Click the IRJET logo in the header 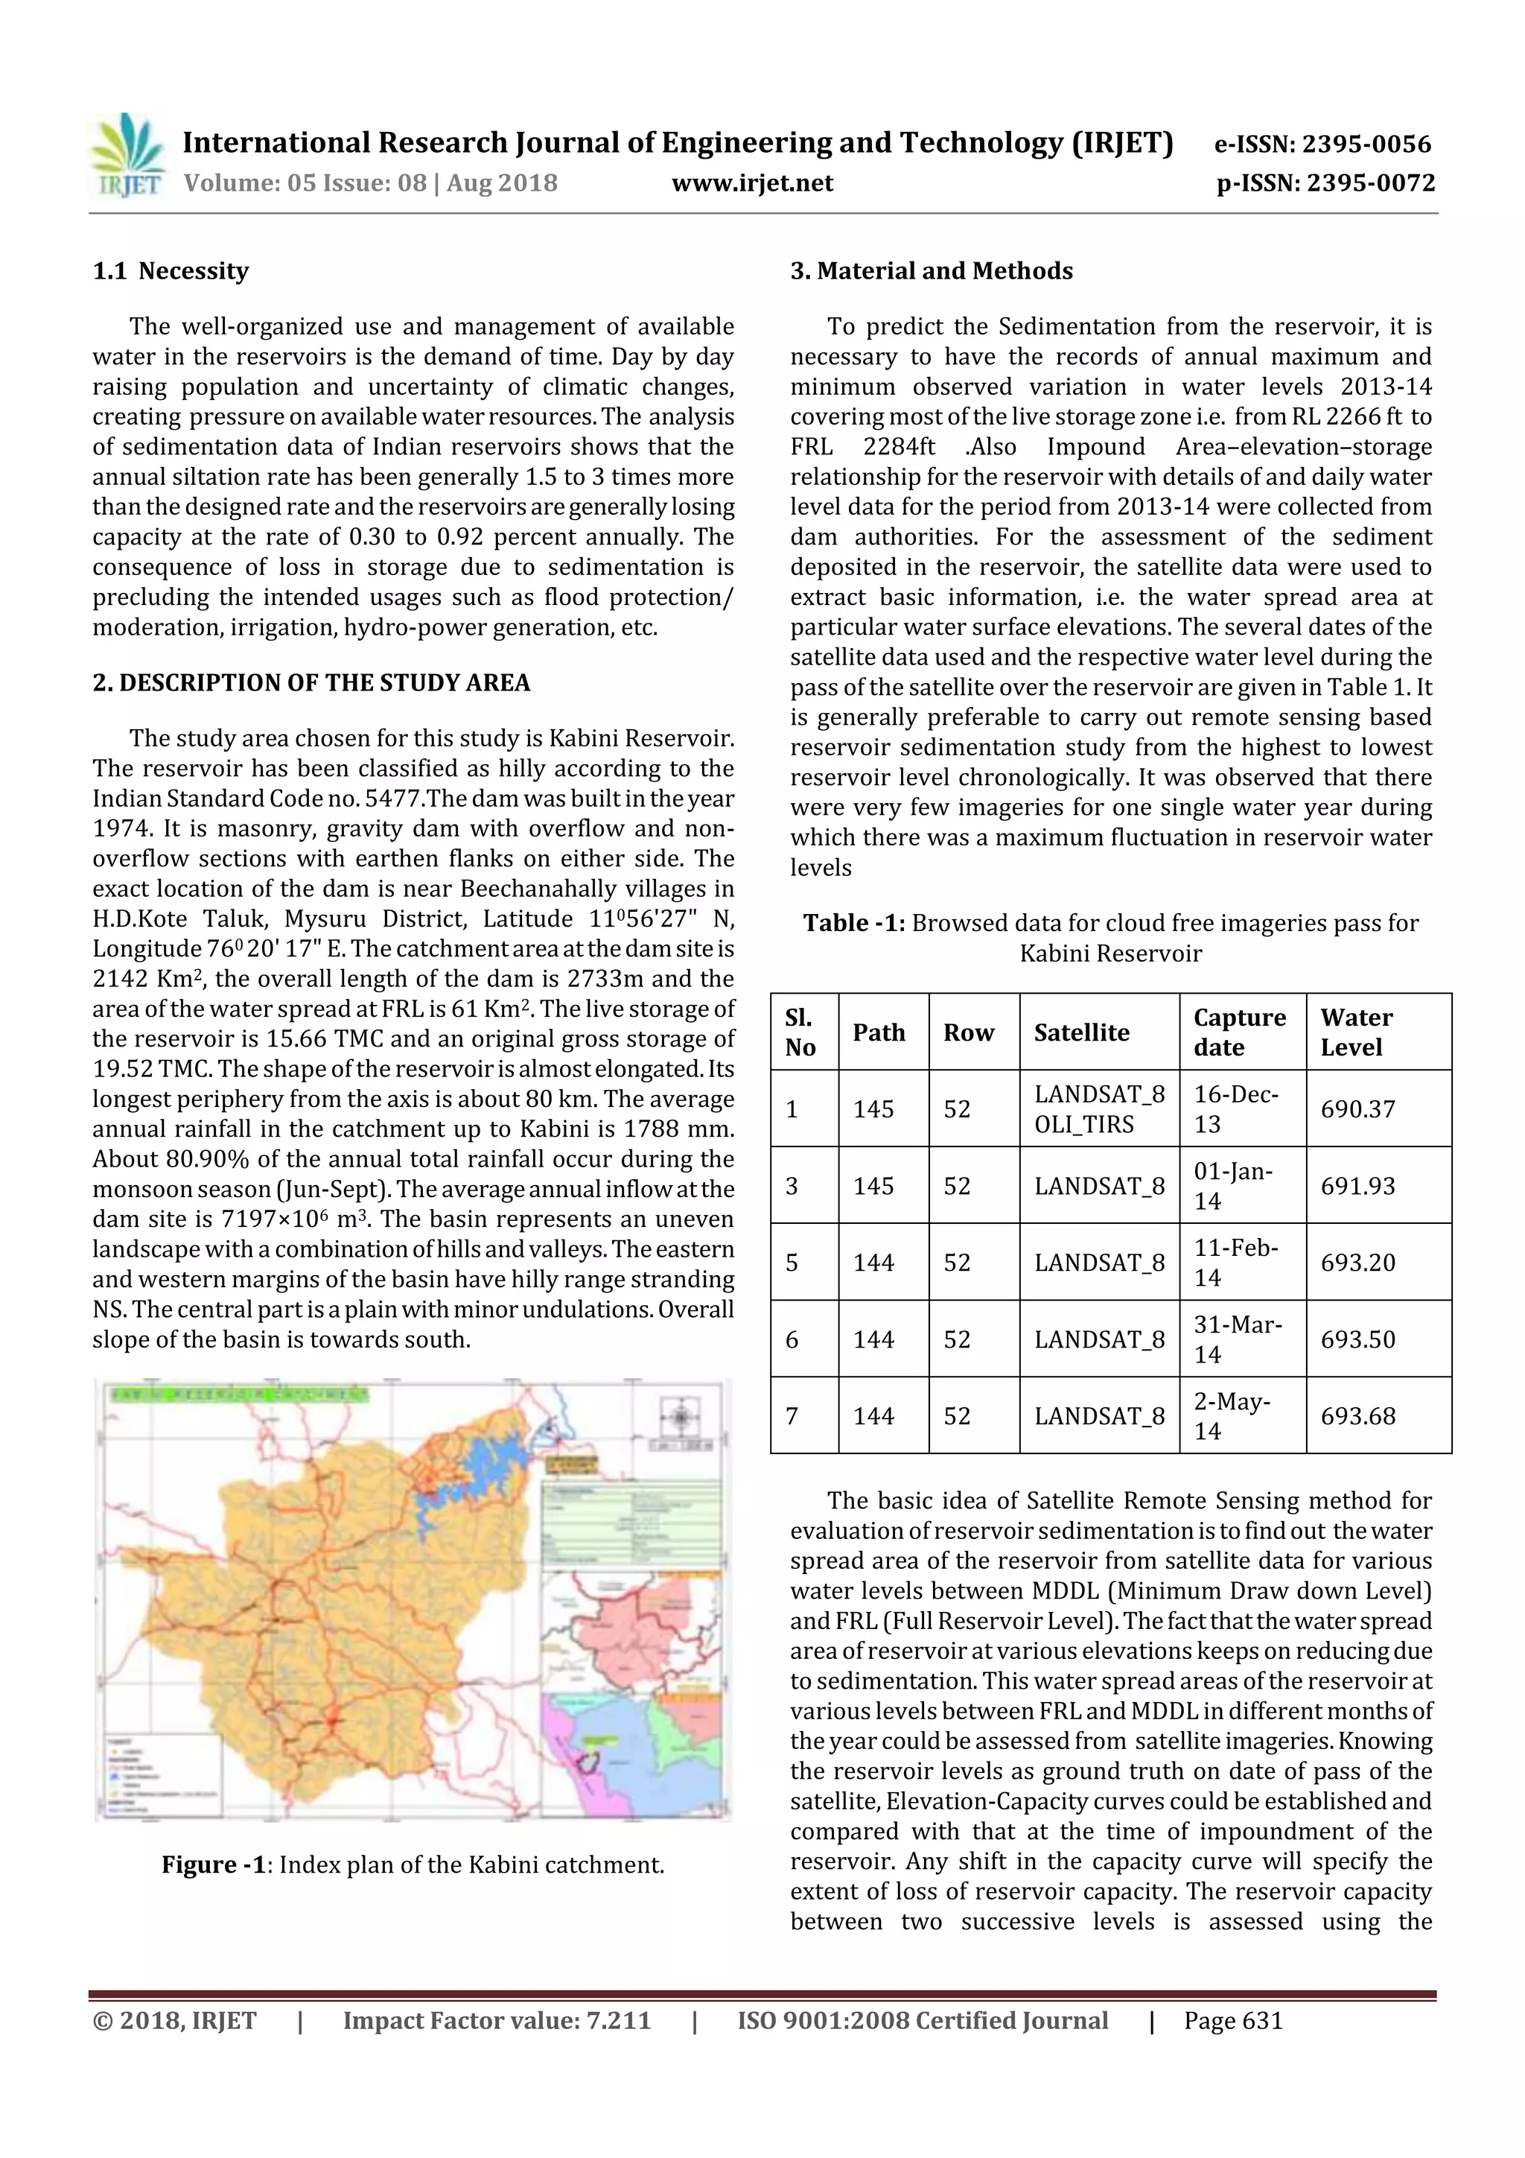126,156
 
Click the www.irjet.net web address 751,183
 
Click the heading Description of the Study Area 311,682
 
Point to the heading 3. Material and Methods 932,272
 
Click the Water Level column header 1356,1032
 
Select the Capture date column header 1238,1032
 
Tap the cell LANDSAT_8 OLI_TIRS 1098,1109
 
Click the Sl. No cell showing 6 792,1339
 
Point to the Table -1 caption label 853,923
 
